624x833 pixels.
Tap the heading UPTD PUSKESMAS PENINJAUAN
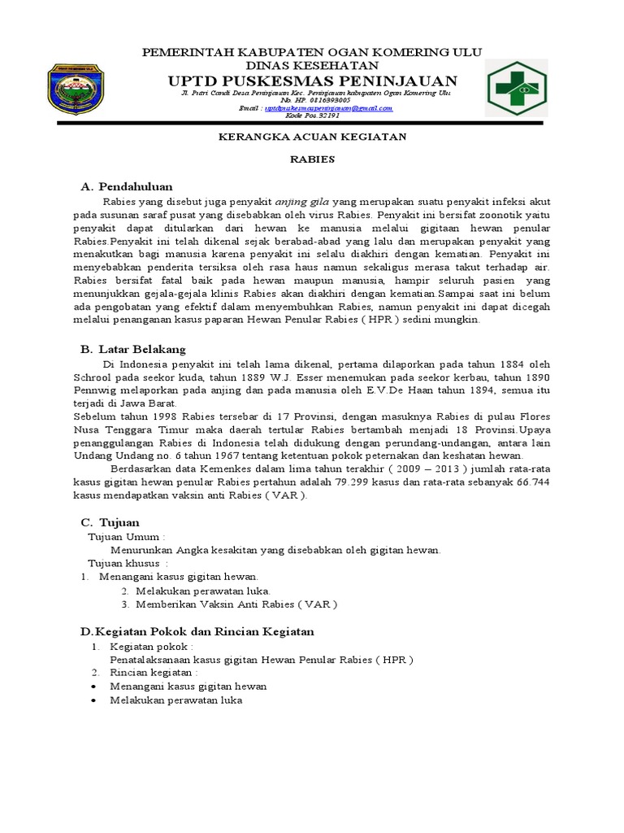(x=312, y=80)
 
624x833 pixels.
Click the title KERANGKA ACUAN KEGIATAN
(x=313, y=137)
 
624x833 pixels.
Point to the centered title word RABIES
(x=313, y=159)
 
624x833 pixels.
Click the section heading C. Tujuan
(x=110, y=521)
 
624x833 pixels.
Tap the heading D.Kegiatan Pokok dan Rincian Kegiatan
(x=196, y=631)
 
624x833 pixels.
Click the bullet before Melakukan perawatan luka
(x=95, y=700)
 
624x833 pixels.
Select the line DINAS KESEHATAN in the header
(x=313, y=65)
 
